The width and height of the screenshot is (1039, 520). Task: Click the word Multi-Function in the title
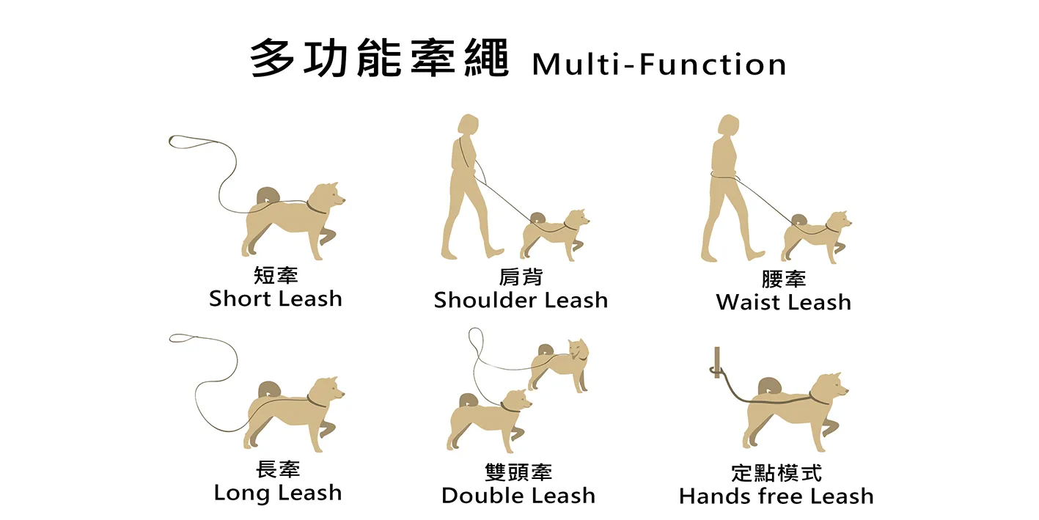pyautogui.click(x=658, y=64)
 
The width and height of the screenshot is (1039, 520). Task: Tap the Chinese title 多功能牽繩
pyautogui.click(x=379, y=59)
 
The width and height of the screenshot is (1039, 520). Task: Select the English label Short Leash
pyautogui.click(x=276, y=299)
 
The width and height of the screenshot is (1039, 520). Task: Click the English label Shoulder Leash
pyautogui.click(x=521, y=300)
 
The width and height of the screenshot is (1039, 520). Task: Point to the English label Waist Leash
pyautogui.click(x=783, y=302)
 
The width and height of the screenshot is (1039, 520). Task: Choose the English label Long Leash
pyautogui.click(x=277, y=493)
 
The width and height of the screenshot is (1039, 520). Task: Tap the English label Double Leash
pyautogui.click(x=518, y=495)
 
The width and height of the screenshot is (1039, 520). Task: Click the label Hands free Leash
pyautogui.click(x=776, y=496)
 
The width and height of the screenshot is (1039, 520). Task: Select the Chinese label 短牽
pyautogui.click(x=276, y=276)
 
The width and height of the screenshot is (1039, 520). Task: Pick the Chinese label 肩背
pyautogui.click(x=521, y=277)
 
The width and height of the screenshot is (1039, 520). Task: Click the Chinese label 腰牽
pyautogui.click(x=783, y=279)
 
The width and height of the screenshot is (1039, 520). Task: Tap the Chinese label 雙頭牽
pyautogui.click(x=518, y=472)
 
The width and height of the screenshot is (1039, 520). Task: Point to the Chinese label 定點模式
pyautogui.click(x=776, y=473)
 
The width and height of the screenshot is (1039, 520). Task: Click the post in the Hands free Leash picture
pyautogui.click(x=717, y=362)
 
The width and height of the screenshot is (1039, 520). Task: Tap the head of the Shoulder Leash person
pyautogui.click(x=468, y=125)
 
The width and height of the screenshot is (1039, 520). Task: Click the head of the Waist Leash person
pyautogui.click(x=728, y=125)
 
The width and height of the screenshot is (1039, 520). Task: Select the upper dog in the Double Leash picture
pyautogui.click(x=559, y=365)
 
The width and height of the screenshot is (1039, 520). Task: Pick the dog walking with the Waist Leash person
pyautogui.click(x=815, y=237)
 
